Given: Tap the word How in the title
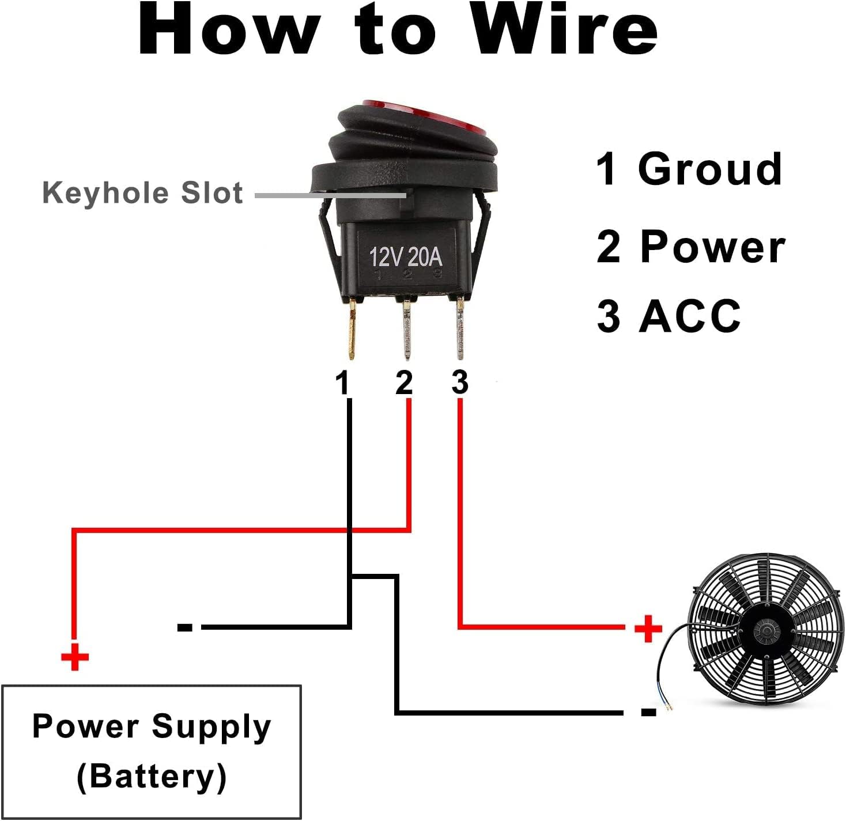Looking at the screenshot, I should pyautogui.click(x=229, y=30).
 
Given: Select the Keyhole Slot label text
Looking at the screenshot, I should pyautogui.click(x=142, y=192).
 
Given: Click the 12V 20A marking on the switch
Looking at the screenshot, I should pyautogui.click(x=406, y=256).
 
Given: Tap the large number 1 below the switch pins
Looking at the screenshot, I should pyautogui.click(x=343, y=383).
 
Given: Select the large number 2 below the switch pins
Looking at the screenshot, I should pyautogui.click(x=404, y=383).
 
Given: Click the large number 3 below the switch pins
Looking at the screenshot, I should pyautogui.click(x=459, y=383).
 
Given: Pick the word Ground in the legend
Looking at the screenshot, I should pyautogui.click(x=710, y=169).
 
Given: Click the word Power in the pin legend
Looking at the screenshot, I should pyautogui.click(x=712, y=247).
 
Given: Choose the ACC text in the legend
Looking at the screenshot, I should pyautogui.click(x=690, y=316).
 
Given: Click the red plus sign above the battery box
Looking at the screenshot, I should pyautogui.click(x=74, y=657).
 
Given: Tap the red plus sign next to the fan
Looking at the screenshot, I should pyautogui.click(x=648, y=628).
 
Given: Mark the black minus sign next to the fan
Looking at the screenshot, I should pyautogui.click(x=648, y=713).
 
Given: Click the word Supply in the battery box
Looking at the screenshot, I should pyautogui.click(x=211, y=727).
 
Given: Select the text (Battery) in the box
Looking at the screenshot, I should pyautogui.click(x=152, y=776).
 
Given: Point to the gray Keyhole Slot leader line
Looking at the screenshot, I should pyautogui.click(x=331, y=195).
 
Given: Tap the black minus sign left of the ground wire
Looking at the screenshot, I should pyautogui.click(x=185, y=627).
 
